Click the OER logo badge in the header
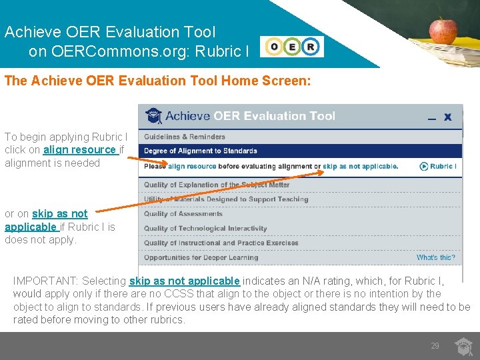click(x=293, y=47)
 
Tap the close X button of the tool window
click(x=448, y=117)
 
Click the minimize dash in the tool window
click(x=431, y=119)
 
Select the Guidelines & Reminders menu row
click(x=185, y=137)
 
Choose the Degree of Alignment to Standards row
click(x=200, y=151)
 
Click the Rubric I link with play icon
click(x=438, y=166)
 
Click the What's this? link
click(x=435, y=257)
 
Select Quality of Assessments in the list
click(x=183, y=214)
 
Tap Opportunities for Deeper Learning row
click(x=201, y=257)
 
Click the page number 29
click(x=435, y=346)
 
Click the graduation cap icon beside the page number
click(x=463, y=346)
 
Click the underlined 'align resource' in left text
click(x=79, y=150)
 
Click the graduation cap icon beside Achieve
click(x=154, y=115)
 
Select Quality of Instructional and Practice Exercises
click(x=221, y=243)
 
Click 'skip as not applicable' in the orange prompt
click(x=360, y=166)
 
